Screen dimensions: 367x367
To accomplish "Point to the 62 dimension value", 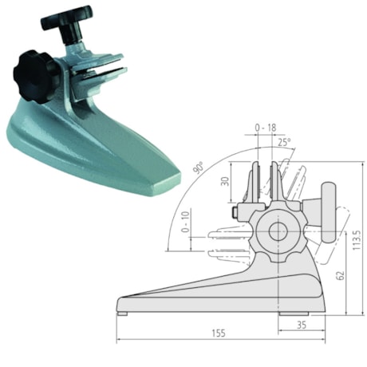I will (341, 274).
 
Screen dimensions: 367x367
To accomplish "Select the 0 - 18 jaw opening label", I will (266, 127).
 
